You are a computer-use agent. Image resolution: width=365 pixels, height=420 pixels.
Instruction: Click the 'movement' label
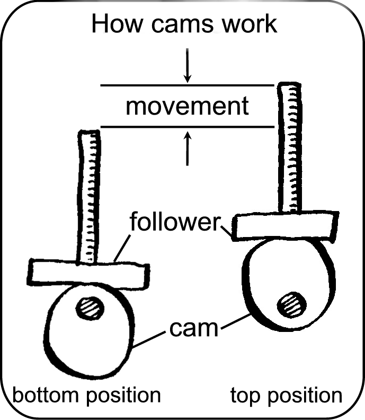point(187,106)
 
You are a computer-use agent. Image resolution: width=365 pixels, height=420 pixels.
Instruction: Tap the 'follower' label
point(175,222)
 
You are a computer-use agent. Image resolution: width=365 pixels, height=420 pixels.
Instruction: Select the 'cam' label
point(194,329)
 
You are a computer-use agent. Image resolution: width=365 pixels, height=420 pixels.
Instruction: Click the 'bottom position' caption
point(86,395)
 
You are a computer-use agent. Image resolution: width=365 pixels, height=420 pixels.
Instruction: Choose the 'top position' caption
point(287,395)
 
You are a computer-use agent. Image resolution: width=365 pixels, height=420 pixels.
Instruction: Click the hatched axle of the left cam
point(90,308)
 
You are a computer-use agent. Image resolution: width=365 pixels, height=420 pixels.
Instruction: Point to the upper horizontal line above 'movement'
point(187,85)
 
